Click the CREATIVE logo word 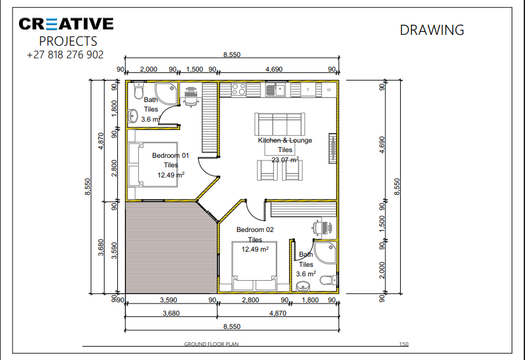tap(66, 24)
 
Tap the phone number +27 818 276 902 tap(65, 55)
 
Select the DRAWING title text tap(432, 30)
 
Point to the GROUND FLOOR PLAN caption tap(211, 344)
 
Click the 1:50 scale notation tap(403, 344)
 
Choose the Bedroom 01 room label tap(170, 155)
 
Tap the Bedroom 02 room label tap(255, 229)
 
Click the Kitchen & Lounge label tap(285, 140)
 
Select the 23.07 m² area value tap(285, 160)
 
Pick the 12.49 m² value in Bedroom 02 tap(255, 249)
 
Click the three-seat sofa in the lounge tap(279, 122)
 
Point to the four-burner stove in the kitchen tap(238, 89)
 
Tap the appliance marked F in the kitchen tap(308, 90)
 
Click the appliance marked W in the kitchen tap(328, 90)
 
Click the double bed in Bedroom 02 tap(254, 267)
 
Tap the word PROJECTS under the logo tap(68, 41)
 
